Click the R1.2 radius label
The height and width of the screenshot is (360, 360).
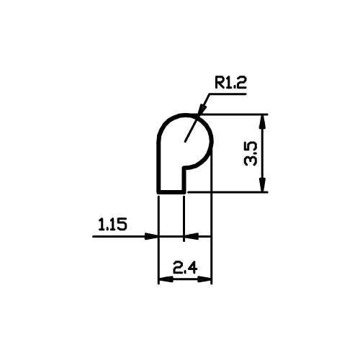pos(230,83)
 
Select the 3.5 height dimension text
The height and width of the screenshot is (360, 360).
pos(251,153)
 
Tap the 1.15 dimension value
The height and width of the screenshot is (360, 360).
pos(112,225)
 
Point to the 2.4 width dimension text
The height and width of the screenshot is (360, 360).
pos(185,268)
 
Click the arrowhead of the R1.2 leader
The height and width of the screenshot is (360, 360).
pos(202,109)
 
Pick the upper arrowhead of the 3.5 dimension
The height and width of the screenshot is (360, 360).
pos(264,122)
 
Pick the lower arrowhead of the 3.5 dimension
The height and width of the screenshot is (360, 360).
pos(264,184)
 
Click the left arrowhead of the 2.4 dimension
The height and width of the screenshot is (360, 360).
pos(166,279)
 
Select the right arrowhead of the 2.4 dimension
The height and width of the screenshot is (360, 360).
pos(204,279)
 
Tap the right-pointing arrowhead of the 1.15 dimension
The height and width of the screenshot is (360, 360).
pos(151,236)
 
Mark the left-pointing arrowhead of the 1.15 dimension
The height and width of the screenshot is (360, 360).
pos(192,236)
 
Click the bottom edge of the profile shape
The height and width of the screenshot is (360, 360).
pos(171,192)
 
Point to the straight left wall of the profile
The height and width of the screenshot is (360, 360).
pos(158,166)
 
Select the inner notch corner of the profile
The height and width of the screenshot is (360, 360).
pos(184,167)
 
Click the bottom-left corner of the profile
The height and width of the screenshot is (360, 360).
pos(158,192)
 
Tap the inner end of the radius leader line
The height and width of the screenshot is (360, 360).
pos(184,141)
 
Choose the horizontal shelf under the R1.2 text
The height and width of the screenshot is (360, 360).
pos(228,94)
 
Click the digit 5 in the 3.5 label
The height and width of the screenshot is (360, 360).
pos(251,147)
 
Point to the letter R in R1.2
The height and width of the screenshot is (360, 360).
pos(219,83)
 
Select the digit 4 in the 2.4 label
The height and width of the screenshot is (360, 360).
pos(193,268)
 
